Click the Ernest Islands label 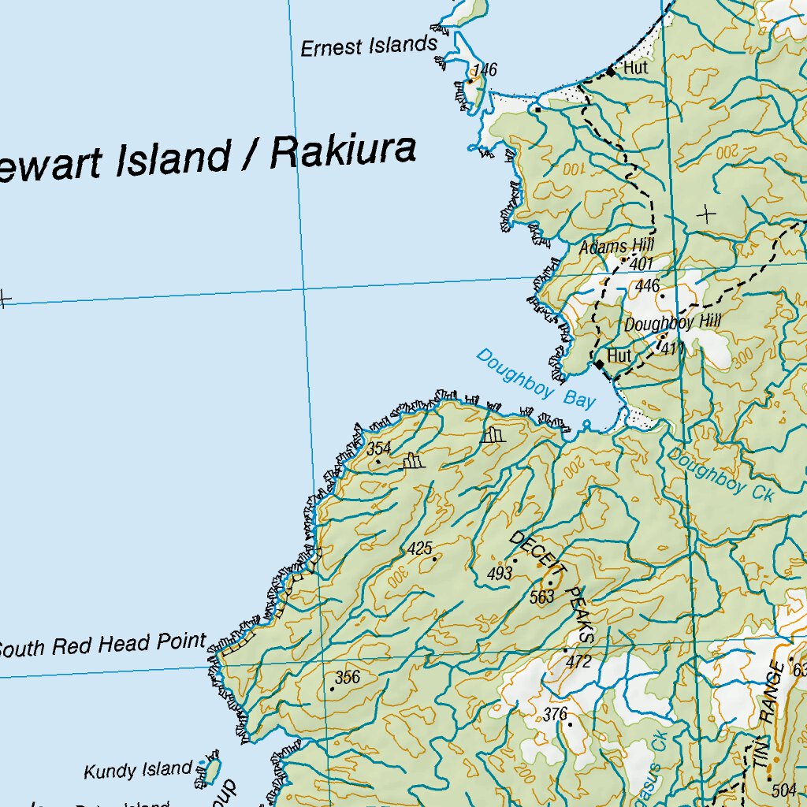point(368,46)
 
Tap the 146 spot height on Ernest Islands point(485,71)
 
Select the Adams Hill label point(617,247)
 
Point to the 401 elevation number point(642,264)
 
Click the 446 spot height point(647,286)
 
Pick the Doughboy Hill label point(661,322)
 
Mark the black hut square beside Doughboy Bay point(599,364)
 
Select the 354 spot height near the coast point(379,448)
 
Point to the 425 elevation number point(420,549)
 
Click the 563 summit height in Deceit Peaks point(542,597)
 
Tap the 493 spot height point(500,575)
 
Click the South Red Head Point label point(102,646)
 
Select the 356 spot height point(347,677)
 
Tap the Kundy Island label point(138,770)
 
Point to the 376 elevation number point(555,715)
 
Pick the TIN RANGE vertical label point(770,716)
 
